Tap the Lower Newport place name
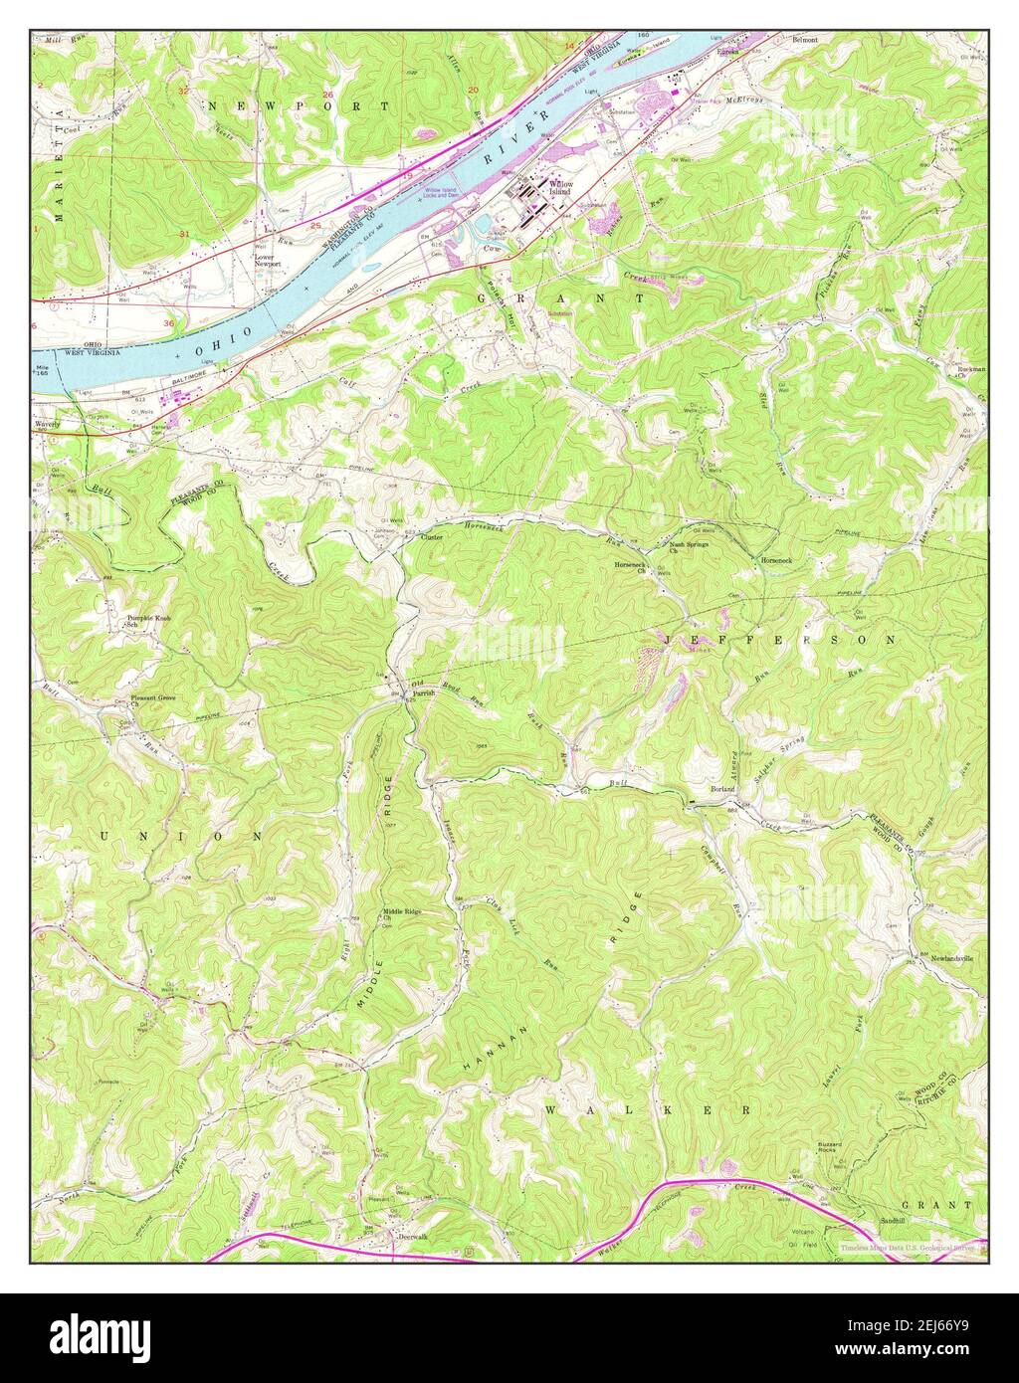tap(267, 261)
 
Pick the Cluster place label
tap(431, 537)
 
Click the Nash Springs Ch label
tap(691, 547)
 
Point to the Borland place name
tap(721, 788)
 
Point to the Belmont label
tap(804, 40)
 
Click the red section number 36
tap(169, 323)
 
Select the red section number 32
tap(183, 91)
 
